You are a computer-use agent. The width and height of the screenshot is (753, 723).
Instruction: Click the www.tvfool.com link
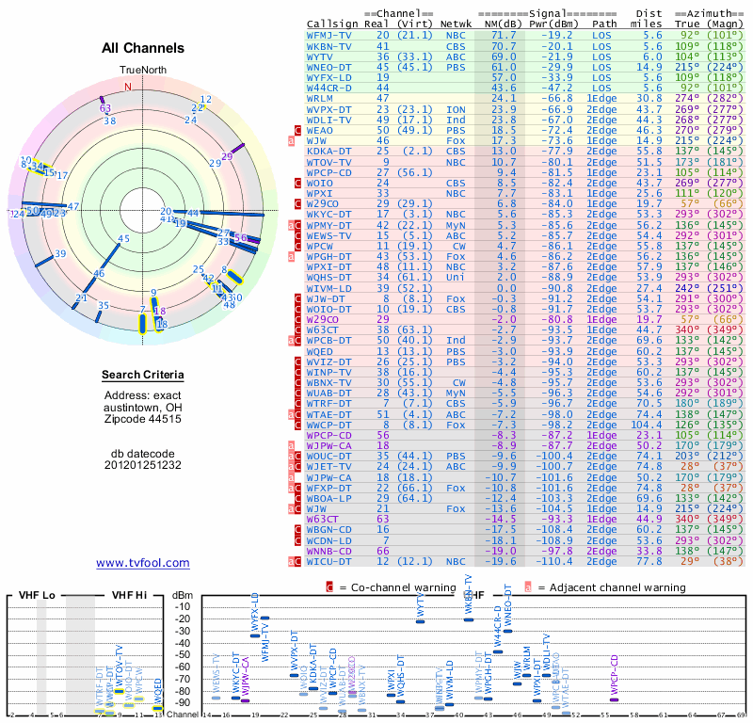tap(143, 563)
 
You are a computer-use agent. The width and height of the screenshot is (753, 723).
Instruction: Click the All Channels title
tap(143, 48)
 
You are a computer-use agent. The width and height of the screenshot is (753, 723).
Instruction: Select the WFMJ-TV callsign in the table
tap(329, 35)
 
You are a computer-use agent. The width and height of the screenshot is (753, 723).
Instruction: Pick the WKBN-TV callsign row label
tap(329, 45)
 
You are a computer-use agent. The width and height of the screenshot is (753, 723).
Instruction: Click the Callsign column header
tap(332, 24)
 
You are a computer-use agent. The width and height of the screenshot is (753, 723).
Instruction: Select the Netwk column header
tap(457, 24)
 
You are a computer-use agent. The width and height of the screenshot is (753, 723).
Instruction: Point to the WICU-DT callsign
tap(329, 561)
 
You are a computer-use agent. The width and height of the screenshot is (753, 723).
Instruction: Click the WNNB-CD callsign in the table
tap(329, 551)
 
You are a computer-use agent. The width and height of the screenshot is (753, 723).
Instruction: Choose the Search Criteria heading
tap(143, 376)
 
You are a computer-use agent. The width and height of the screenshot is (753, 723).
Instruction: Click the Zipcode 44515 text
tap(143, 419)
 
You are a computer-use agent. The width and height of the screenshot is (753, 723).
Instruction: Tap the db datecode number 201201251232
tap(143, 465)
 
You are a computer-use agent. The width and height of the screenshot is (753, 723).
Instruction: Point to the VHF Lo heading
tap(35, 595)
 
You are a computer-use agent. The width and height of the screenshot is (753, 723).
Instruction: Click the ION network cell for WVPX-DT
tap(456, 109)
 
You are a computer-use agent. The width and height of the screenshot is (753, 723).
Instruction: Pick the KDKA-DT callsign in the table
tap(329, 151)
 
